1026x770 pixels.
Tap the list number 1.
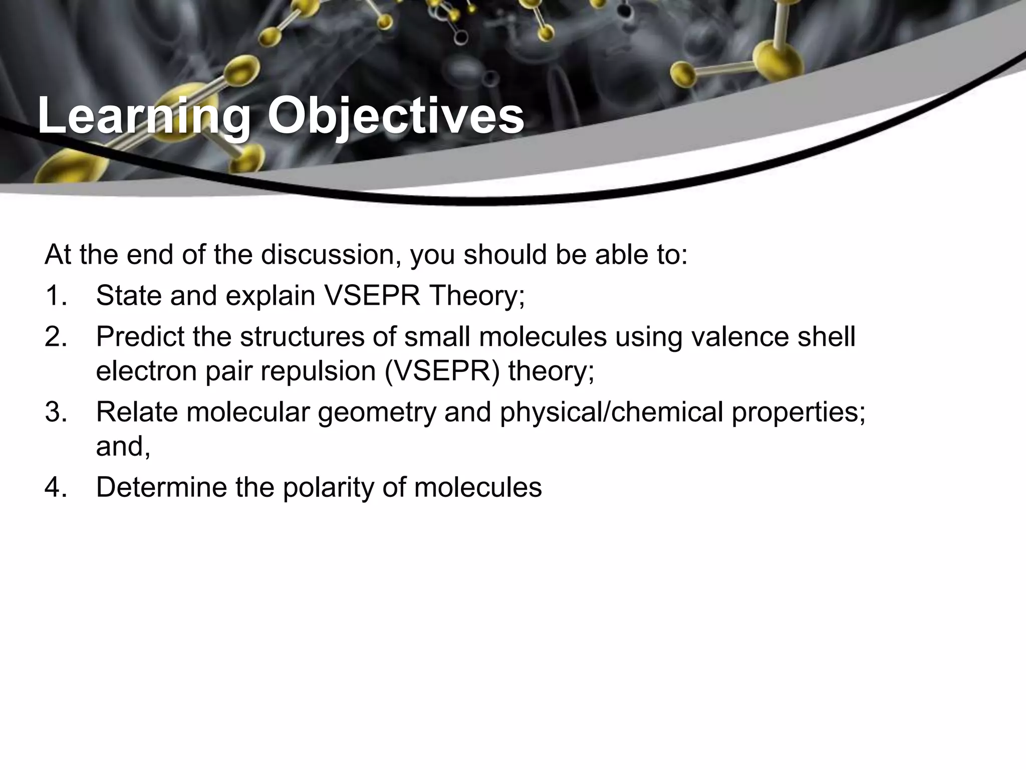(55, 295)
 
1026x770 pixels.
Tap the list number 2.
(55, 336)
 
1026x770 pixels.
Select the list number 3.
(55, 412)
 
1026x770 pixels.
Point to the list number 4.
(55, 487)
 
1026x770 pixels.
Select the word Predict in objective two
(140, 336)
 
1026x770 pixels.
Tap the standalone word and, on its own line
(123, 447)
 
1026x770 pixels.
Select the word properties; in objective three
(799, 412)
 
